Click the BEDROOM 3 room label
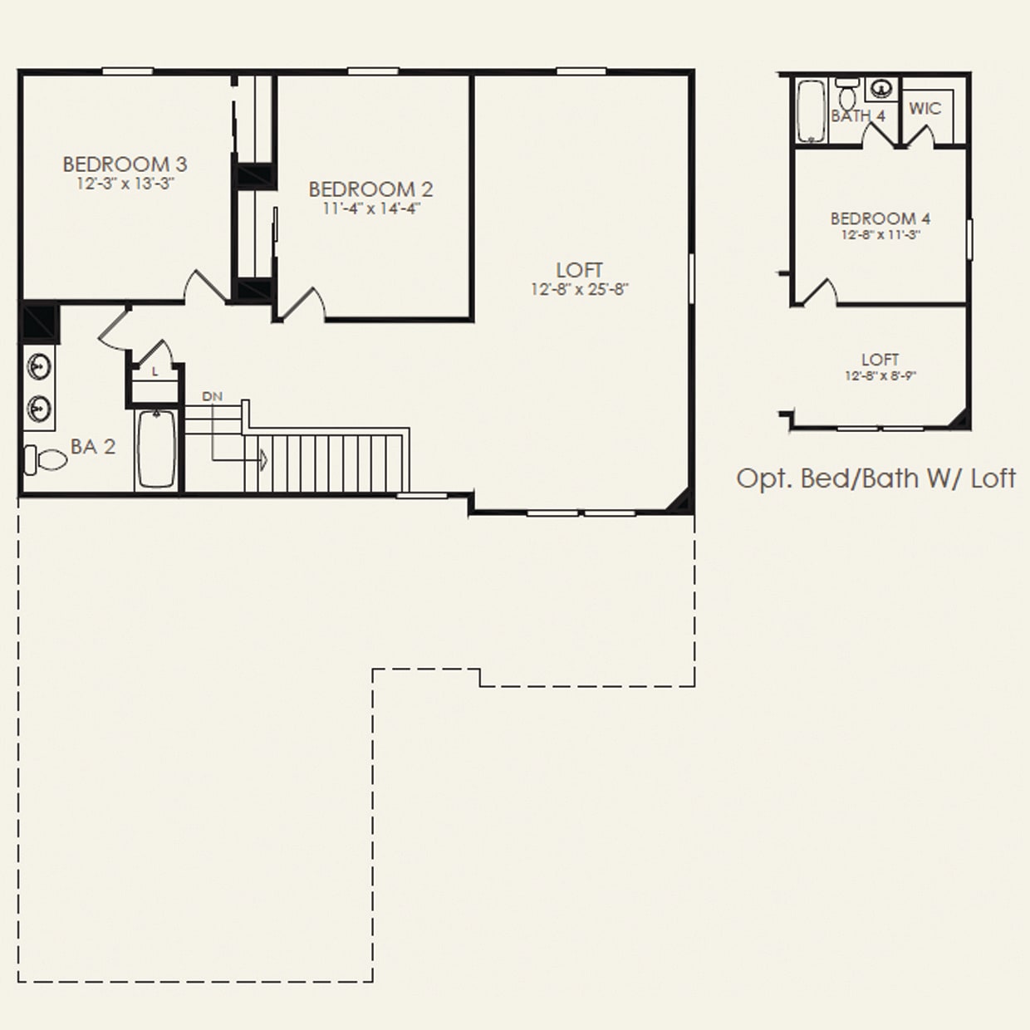pyautogui.click(x=125, y=164)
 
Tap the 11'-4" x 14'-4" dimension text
pyautogui.click(x=371, y=208)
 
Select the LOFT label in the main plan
pyautogui.click(x=579, y=270)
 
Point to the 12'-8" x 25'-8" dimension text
pyautogui.click(x=580, y=290)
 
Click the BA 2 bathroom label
pyautogui.click(x=93, y=447)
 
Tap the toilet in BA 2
pyautogui.click(x=46, y=459)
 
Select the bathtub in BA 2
pyautogui.click(x=155, y=449)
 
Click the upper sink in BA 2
pyautogui.click(x=38, y=366)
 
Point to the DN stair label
pyautogui.click(x=212, y=396)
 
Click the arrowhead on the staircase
pyautogui.click(x=263, y=459)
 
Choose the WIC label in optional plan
pyautogui.click(x=925, y=108)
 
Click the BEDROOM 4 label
pyautogui.click(x=880, y=218)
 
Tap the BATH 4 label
pyautogui.click(x=858, y=116)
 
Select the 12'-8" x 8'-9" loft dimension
pyautogui.click(x=880, y=376)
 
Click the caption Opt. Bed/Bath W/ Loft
pyautogui.click(x=875, y=478)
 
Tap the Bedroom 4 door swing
pyautogui.click(x=819, y=292)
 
